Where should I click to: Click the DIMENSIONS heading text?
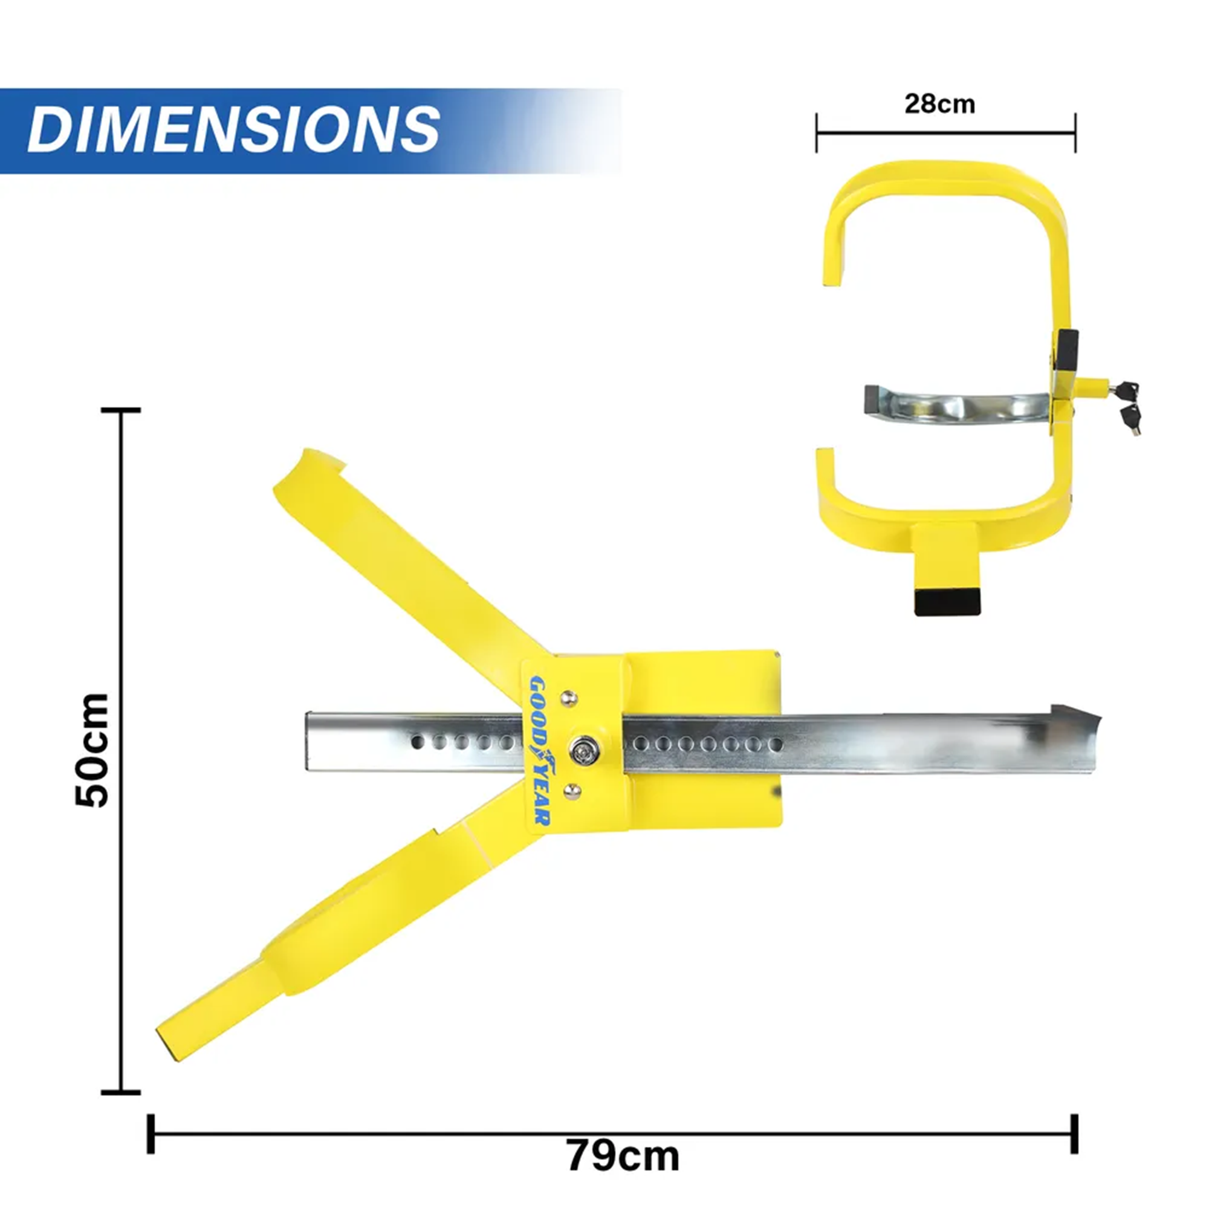(233, 129)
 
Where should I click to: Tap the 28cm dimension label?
(939, 104)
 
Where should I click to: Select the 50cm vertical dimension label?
(92, 750)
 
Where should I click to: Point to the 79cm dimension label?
(623, 1156)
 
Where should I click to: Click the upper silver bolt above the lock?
(569, 697)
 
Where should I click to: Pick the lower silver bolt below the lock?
(572, 792)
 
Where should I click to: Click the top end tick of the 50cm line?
(121, 410)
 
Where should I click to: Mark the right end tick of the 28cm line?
(1075, 132)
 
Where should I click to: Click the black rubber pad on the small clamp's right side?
(1067, 351)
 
